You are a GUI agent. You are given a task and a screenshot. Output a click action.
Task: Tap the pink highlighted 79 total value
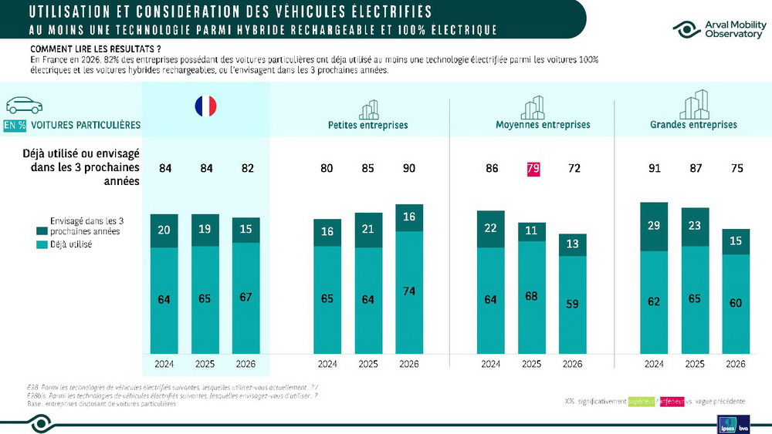point(531,169)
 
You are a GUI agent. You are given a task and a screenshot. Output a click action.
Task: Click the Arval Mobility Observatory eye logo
point(686,29)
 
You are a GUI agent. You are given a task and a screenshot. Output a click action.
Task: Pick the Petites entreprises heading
point(367,125)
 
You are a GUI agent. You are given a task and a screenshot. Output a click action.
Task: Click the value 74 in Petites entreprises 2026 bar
point(409,291)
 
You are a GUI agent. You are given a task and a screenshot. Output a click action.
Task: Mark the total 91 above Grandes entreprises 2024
point(655,169)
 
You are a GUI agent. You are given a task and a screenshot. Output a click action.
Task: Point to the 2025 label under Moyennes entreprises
point(531,364)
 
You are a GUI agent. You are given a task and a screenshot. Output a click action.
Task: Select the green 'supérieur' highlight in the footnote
point(640,402)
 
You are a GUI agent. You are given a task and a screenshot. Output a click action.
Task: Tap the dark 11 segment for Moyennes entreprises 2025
point(531,230)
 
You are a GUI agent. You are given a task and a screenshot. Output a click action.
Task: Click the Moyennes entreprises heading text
point(542,125)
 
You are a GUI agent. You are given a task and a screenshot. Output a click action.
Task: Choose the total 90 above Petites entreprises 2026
point(409,169)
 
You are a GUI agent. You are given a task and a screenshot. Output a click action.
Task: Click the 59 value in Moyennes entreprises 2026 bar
point(572,304)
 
